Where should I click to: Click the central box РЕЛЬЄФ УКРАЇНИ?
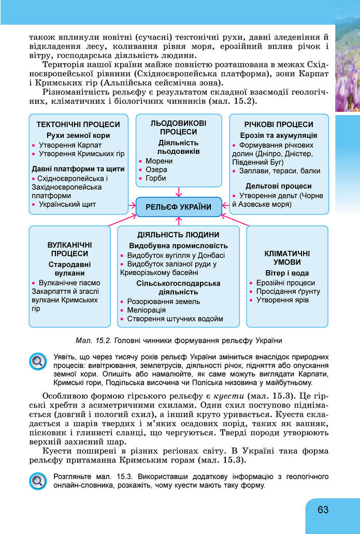(179, 207)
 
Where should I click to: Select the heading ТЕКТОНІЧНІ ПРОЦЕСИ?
(78, 124)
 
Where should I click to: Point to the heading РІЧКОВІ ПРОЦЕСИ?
(279, 124)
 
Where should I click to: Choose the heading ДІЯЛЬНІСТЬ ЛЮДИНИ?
(178, 234)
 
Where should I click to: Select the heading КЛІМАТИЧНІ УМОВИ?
(287, 258)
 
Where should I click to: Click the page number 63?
(323, 510)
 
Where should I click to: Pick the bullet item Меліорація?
(146, 310)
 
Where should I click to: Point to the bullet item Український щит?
(67, 205)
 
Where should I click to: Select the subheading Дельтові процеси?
(279, 186)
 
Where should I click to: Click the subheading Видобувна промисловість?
(178, 245)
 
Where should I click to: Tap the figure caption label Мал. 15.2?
(93, 341)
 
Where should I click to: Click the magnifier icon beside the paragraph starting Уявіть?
(38, 361)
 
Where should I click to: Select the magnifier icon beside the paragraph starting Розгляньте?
(38, 481)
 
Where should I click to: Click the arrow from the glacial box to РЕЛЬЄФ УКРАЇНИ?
(178, 192)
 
